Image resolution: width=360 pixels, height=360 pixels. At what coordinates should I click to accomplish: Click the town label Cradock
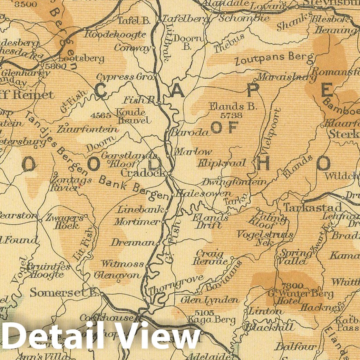click(144, 173)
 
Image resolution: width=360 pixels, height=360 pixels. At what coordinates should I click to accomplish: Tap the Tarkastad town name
click(313, 207)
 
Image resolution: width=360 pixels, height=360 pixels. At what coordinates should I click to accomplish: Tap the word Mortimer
click(137, 222)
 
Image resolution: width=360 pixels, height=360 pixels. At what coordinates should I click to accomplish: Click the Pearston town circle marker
click(40, 220)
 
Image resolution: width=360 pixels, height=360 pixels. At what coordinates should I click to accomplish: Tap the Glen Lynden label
click(210, 300)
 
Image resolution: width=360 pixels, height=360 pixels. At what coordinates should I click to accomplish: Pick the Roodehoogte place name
click(115, 35)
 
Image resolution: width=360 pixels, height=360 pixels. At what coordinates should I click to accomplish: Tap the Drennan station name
click(132, 243)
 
